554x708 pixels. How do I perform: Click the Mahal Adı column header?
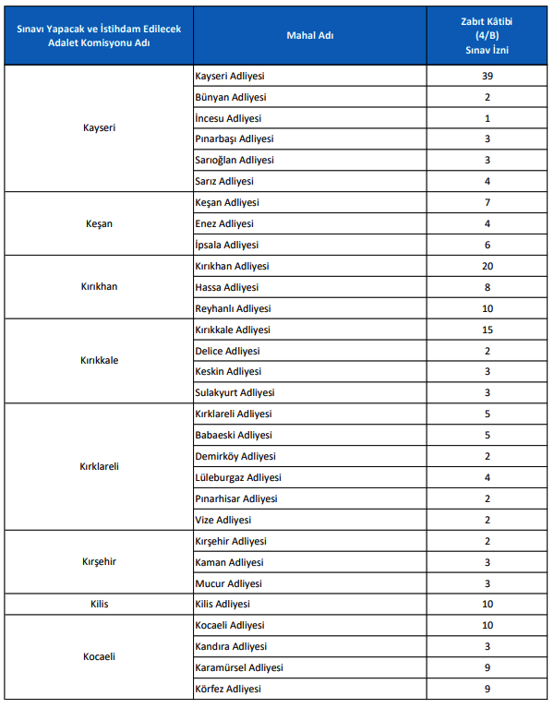point(309,35)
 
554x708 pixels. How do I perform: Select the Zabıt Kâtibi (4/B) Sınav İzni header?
point(487,35)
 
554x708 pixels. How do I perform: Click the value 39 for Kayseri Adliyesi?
point(487,76)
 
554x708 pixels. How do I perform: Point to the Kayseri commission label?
point(99,128)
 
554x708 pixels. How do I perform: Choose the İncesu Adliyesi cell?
point(228,118)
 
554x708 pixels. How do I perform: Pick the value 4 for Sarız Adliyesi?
point(487,182)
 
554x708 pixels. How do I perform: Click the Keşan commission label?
point(99,223)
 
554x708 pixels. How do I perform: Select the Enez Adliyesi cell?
point(225,223)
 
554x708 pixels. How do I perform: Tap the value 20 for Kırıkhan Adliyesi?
point(487,266)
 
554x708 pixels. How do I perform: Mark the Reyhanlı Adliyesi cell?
point(233,308)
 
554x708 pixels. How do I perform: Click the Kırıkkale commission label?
point(99,361)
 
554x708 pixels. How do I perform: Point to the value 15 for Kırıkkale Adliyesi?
point(487,330)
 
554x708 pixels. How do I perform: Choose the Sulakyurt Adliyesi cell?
point(235,392)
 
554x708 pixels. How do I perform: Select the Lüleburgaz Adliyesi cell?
point(238,477)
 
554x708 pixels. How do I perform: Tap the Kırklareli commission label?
point(99,466)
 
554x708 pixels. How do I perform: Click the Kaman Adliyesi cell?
point(229,562)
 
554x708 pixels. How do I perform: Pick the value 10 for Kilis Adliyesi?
point(487,604)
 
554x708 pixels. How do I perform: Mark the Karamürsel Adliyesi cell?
point(239,667)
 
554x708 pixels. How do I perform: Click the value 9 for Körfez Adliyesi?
point(487,689)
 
